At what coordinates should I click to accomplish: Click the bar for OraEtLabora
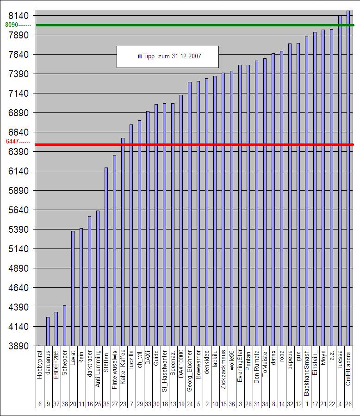click(348, 178)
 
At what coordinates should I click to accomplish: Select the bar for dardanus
click(48, 331)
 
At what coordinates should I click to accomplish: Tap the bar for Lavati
click(73, 288)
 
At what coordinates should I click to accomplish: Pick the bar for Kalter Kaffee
click(123, 242)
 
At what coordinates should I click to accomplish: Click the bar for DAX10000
click(181, 220)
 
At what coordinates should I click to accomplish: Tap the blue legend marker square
click(139, 56)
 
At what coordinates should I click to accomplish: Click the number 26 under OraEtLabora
click(348, 404)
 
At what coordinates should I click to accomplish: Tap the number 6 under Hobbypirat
click(39, 404)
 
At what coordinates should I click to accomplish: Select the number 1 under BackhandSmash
click(306, 404)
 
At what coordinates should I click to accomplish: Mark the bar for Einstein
click(315, 189)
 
